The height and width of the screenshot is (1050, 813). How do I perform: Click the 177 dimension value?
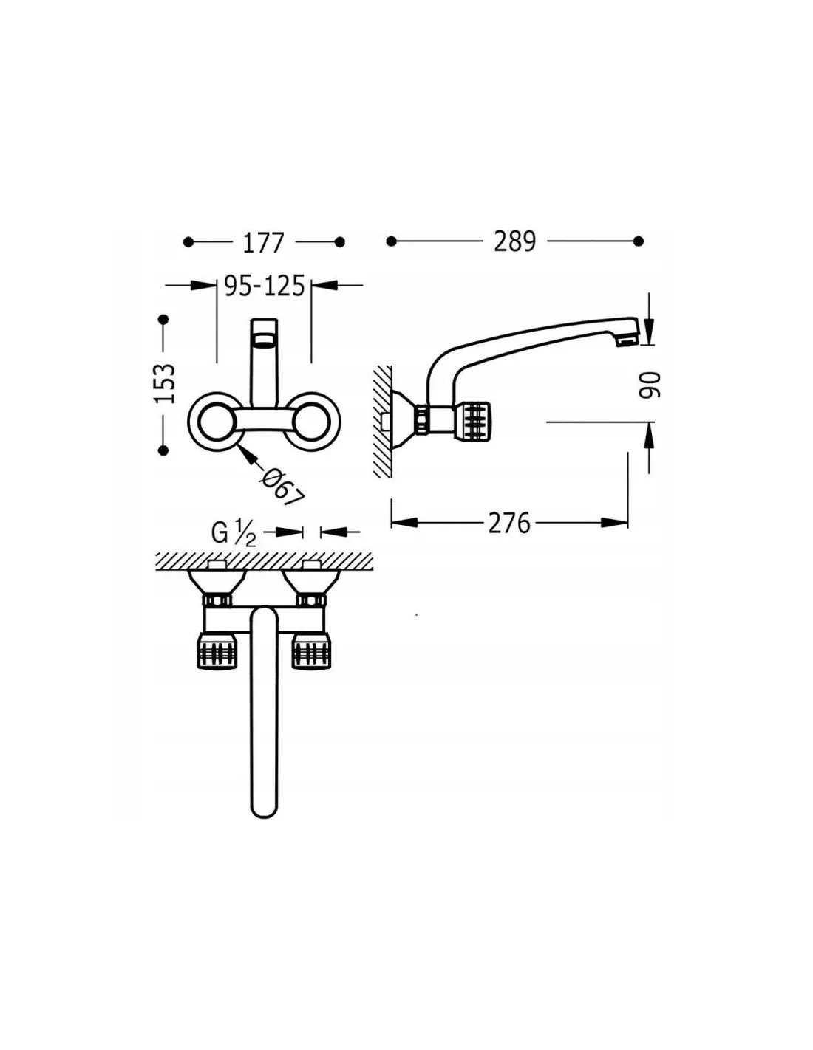click(262, 243)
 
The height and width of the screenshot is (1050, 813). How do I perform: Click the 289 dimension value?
click(514, 241)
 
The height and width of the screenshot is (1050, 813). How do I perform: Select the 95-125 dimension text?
click(265, 286)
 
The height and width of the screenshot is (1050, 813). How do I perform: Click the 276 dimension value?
click(509, 523)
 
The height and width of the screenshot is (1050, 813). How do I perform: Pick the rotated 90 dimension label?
click(650, 385)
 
